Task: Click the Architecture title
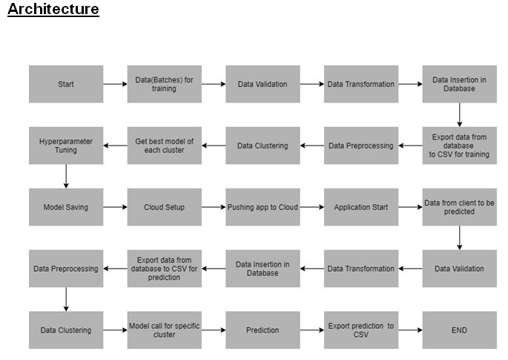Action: coord(53,10)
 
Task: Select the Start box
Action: coord(66,84)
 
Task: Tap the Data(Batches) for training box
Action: coord(164,84)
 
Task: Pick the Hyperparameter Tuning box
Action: coord(66,145)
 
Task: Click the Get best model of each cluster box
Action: coord(164,145)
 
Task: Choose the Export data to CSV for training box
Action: coord(459,145)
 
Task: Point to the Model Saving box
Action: coord(66,207)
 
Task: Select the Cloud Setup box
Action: coord(164,207)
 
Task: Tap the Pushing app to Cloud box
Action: coord(263,207)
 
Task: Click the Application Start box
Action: coord(361,207)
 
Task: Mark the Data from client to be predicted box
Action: coord(459,207)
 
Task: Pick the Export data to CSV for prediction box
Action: coord(164,269)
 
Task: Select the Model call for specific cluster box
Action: coord(164,330)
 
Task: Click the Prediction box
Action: coord(263,330)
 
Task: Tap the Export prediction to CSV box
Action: coord(361,330)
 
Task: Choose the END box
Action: coord(459,330)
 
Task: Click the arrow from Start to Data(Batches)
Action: coord(115,84)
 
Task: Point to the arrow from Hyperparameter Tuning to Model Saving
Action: coord(66,176)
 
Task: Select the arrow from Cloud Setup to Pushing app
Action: coord(214,207)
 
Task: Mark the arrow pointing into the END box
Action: coord(410,330)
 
